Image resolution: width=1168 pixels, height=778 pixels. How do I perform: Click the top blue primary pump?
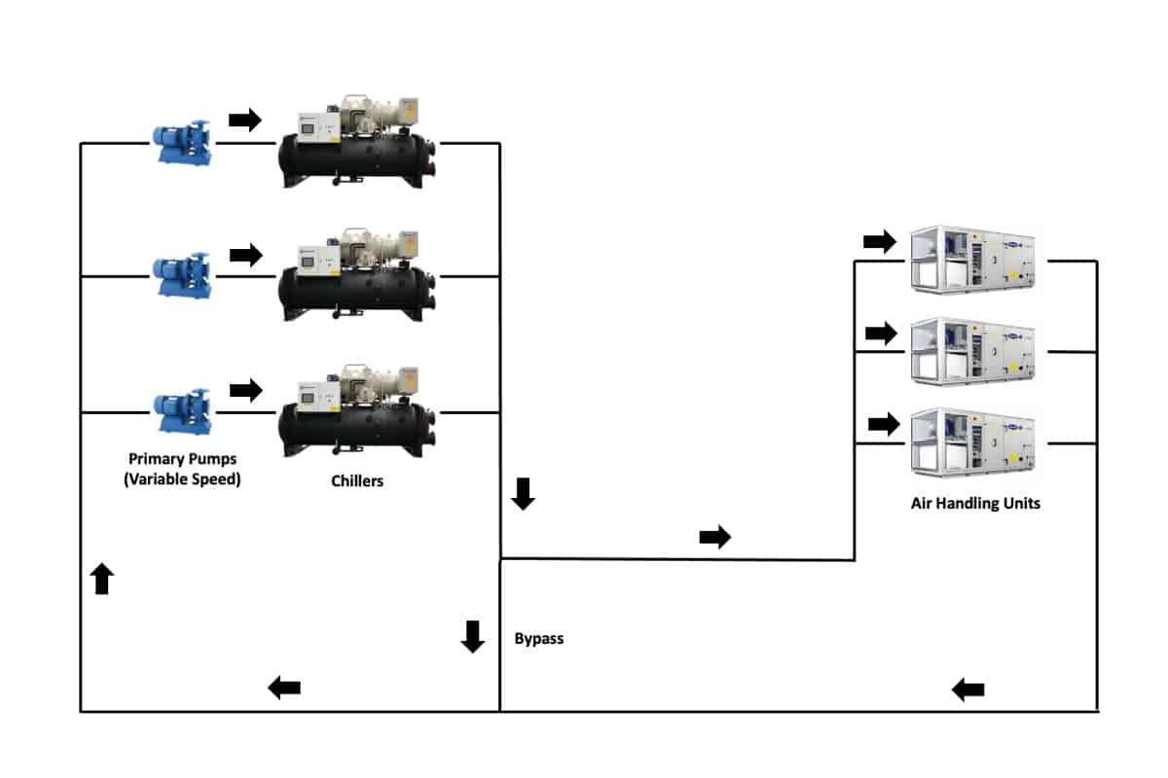pyautogui.click(x=183, y=143)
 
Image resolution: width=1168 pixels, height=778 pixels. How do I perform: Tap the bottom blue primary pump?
pyautogui.click(x=183, y=412)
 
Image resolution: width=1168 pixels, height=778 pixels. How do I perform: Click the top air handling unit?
pyautogui.click(x=973, y=261)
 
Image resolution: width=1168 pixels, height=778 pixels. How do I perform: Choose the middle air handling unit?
pyautogui.click(x=973, y=351)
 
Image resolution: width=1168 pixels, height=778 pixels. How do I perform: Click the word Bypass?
pyautogui.click(x=539, y=639)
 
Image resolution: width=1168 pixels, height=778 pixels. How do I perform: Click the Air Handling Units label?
pyautogui.click(x=974, y=504)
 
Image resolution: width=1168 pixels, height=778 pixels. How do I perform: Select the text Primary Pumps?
pyautogui.click(x=182, y=459)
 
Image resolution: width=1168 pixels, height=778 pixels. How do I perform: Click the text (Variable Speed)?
pyautogui.click(x=182, y=478)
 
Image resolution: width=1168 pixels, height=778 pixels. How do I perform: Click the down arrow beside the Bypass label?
pyautogui.click(x=473, y=636)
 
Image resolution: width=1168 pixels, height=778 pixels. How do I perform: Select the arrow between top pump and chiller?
pyautogui.click(x=245, y=120)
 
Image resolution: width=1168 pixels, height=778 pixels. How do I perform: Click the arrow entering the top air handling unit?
pyautogui.click(x=880, y=241)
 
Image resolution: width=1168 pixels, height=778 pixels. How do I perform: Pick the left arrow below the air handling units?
pyautogui.click(x=967, y=690)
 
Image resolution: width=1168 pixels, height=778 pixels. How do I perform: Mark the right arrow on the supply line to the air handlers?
pyautogui.click(x=715, y=537)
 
